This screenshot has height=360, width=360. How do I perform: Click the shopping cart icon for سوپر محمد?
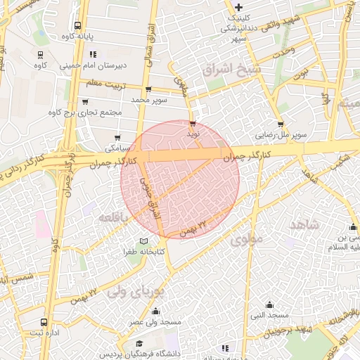point(148,90)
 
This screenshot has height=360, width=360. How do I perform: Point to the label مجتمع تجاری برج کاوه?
point(85,112)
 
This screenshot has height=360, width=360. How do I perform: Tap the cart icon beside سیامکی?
point(117,138)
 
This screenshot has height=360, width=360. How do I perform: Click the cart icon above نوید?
point(193,123)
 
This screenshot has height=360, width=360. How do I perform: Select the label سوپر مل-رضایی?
point(281,132)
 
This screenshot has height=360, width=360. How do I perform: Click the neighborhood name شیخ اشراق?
point(231,70)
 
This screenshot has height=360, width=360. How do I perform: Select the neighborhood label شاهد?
point(304,224)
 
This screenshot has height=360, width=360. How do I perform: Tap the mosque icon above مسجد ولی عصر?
point(155,311)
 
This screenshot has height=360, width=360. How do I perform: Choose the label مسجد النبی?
point(270,315)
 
